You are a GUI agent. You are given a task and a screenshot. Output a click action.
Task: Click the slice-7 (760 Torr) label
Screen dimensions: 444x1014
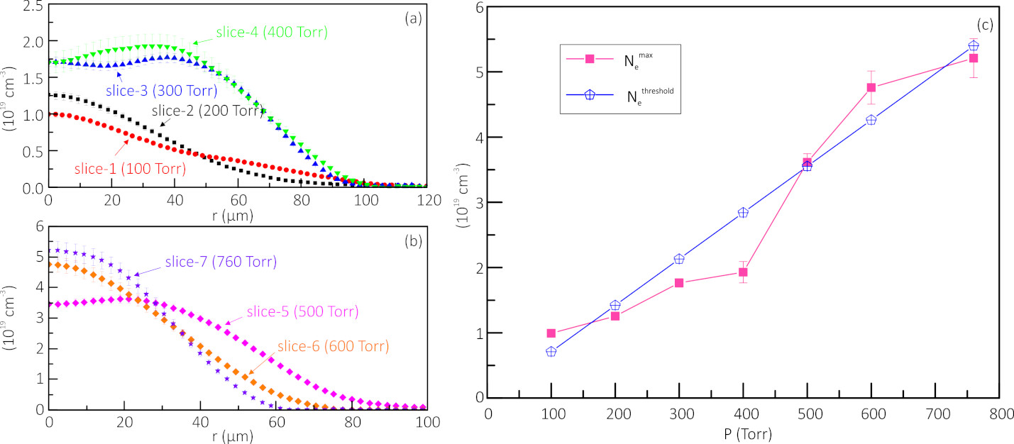coord(221,262)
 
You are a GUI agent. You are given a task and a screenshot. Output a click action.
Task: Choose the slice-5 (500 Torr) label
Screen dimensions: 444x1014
coord(302,311)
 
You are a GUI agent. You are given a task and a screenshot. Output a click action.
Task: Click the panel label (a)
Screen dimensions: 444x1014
coord(412,19)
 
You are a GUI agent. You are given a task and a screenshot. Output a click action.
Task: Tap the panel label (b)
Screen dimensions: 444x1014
coord(412,241)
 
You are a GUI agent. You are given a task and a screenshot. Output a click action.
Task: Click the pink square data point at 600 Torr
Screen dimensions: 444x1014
coord(871,87)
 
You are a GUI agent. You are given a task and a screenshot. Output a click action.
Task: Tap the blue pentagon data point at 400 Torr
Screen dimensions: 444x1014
coord(743,213)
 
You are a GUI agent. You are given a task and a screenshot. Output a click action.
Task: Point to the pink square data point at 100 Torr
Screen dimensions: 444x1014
coord(551,333)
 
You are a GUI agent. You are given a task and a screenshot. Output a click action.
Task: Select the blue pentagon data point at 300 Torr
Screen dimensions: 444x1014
coord(679,259)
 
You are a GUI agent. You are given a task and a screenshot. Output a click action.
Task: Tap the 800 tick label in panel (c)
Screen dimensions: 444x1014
coord(998,413)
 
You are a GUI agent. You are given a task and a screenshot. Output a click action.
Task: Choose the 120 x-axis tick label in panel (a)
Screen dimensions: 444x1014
coord(426,200)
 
